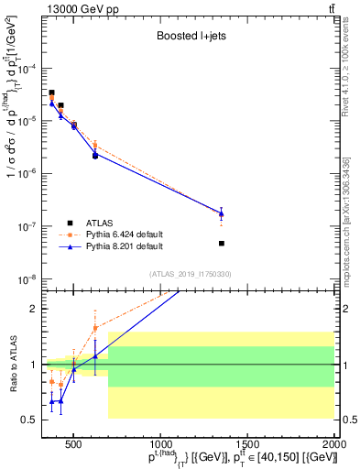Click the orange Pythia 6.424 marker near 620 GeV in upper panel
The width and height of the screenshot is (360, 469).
pos(95,146)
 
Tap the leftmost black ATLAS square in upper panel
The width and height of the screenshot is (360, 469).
pos(52,93)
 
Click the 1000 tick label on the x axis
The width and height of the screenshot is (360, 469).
pos(159,444)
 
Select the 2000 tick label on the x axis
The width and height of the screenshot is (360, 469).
pos(333,444)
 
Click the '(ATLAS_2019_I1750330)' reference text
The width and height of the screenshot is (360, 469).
pos(191,274)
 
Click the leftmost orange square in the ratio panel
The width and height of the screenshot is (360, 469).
pos(52,381)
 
